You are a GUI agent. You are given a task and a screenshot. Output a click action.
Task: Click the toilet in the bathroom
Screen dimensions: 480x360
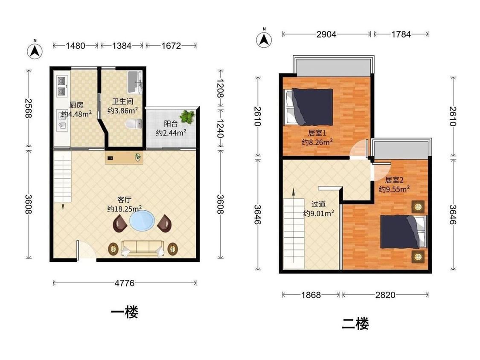tap(134, 124)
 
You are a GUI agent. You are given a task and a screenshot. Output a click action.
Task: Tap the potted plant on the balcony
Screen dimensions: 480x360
tap(187, 117)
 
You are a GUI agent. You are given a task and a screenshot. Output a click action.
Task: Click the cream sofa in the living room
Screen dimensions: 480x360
tap(143, 248)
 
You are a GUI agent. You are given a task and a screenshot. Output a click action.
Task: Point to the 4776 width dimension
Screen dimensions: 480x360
tap(125, 283)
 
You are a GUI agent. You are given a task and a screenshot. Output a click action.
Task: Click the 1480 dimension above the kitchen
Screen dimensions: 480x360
tap(75, 46)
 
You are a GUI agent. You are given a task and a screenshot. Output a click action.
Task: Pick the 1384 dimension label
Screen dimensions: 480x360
tap(122, 46)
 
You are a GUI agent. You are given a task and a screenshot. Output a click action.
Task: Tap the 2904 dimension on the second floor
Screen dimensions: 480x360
tap(326, 34)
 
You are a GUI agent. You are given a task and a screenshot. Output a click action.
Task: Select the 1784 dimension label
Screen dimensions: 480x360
tap(401, 34)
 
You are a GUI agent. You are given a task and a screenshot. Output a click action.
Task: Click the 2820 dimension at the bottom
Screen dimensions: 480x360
tap(385, 295)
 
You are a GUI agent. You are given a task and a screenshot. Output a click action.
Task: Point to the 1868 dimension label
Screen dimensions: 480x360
tap(311, 295)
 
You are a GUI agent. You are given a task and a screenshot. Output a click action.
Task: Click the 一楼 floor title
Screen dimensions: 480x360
tap(125, 312)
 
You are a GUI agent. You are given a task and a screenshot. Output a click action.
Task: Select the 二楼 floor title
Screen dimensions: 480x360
tap(355, 324)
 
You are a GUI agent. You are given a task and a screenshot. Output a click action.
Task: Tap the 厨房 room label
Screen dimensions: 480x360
tap(76, 105)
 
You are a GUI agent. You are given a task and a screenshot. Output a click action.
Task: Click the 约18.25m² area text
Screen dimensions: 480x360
tap(125, 209)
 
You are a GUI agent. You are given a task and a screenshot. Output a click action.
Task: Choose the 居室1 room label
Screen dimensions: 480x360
tap(317, 133)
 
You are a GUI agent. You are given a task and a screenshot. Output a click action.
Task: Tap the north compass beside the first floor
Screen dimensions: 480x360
tap(35, 51)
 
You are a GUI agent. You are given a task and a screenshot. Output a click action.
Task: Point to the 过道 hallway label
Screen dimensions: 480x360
tap(319, 204)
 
